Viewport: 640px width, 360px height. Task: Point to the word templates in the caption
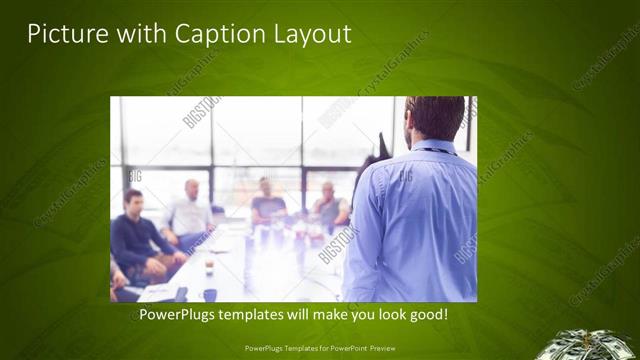(256, 315)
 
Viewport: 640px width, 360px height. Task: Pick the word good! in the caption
(428, 315)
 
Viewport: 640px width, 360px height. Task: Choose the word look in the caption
(385, 315)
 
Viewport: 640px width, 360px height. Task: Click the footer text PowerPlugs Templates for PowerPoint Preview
(319, 349)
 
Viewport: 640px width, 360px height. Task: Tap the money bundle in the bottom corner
(599, 344)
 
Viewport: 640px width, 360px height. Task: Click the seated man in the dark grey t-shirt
(267, 202)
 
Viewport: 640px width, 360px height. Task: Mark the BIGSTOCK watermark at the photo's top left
(203, 111)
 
